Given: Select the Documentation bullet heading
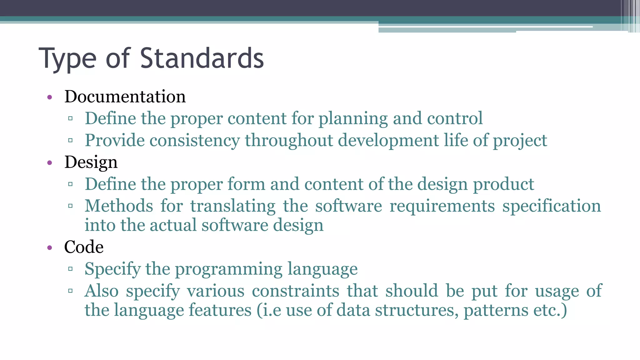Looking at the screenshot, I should [125, 96].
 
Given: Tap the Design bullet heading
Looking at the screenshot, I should [91, 162].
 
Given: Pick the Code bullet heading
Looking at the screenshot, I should [84, 247].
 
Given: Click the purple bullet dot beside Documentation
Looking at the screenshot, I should [49, 97].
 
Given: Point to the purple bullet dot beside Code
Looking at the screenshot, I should [49, 248].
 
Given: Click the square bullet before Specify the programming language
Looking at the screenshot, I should [70, 269].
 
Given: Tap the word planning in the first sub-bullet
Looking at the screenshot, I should [353, 119].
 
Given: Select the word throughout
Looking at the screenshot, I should [289, 140].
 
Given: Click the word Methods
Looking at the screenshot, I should [119, 206].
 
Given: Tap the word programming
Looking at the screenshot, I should [228, 269].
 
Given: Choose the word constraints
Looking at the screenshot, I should [295, 291].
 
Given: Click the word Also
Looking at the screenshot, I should [102, 291].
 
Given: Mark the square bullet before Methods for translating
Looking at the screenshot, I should [70, 206].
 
